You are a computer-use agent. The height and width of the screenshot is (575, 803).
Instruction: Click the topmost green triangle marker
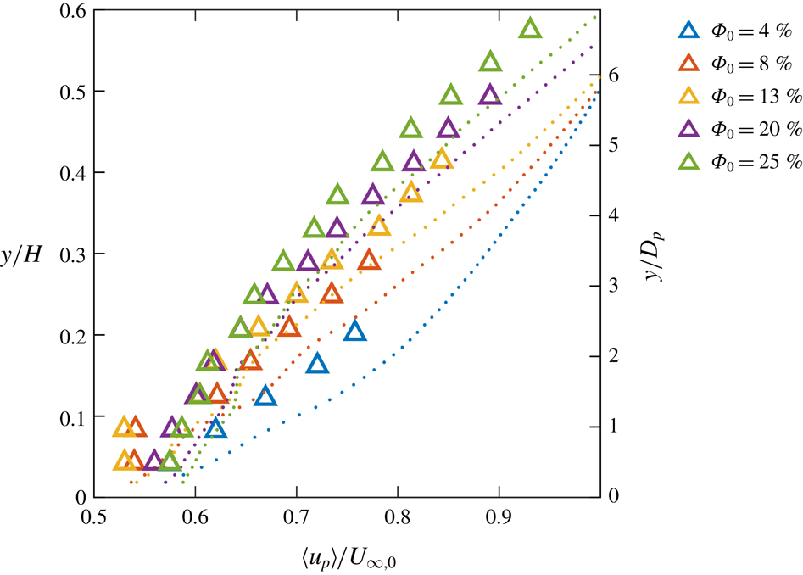(x=530, y=29)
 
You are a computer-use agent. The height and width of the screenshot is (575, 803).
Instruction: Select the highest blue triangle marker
(x=354, y=332)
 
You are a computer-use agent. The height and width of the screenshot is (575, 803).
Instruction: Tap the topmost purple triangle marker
(x=489, y=95)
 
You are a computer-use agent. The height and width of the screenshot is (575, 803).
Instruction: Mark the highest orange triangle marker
(x=368, y=260)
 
